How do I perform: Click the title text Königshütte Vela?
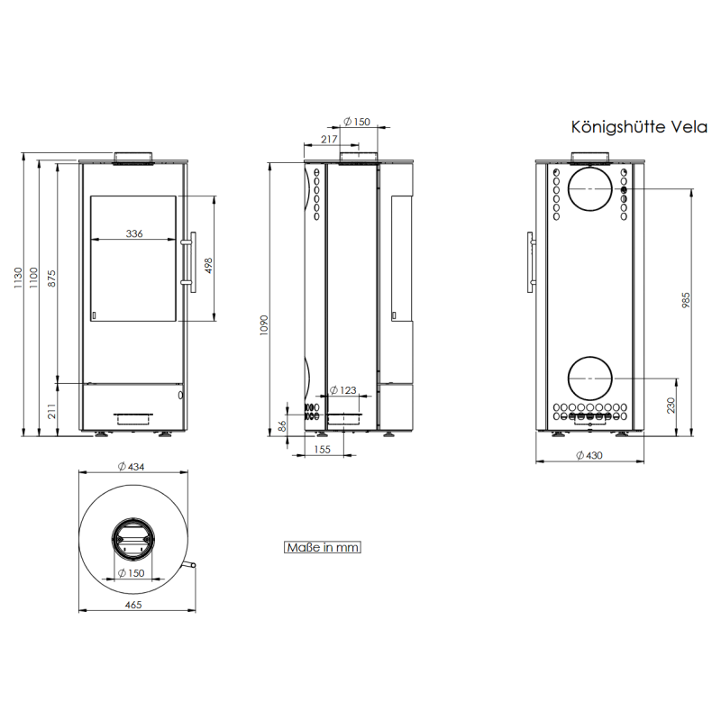[639, 127]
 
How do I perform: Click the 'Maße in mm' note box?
[323, 547]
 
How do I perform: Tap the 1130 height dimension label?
[17, 281]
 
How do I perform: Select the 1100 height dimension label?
[34, 278]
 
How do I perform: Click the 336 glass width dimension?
[134, 233]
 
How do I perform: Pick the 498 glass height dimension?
[209, 267]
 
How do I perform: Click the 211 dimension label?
[52, 412]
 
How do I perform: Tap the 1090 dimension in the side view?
[265, 324]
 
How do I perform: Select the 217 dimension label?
[328, 140]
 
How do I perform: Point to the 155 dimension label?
[323, 449]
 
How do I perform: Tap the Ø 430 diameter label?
[588, 456]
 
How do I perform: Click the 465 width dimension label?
[133, 605]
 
